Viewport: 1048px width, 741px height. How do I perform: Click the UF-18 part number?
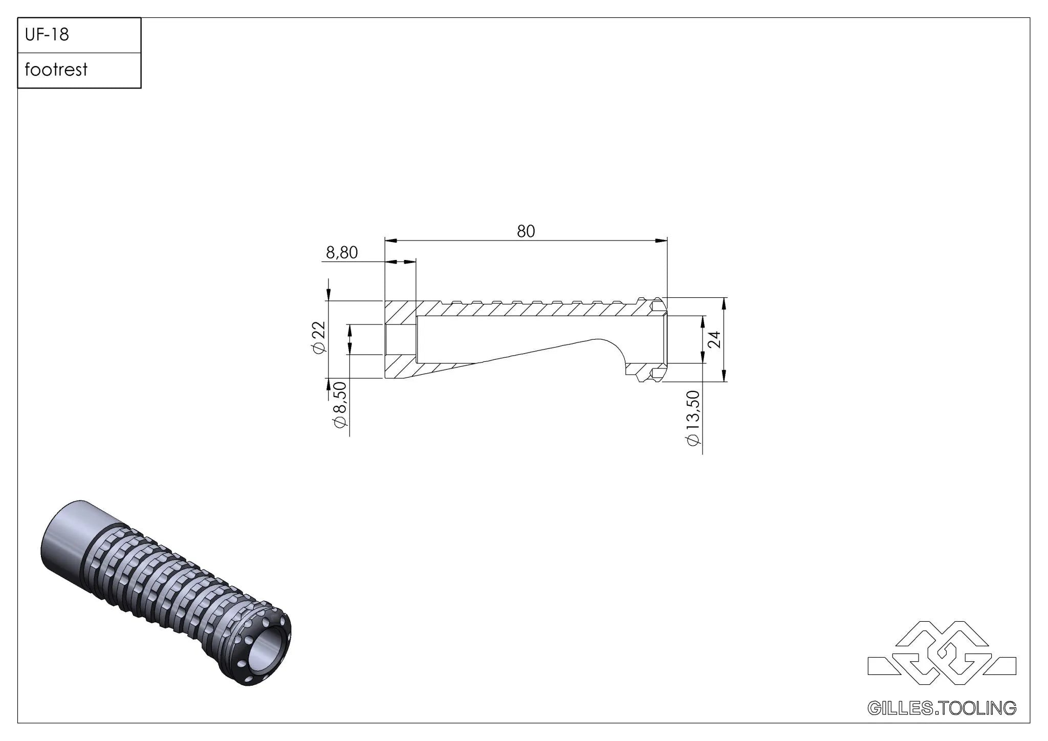tap(47, 35)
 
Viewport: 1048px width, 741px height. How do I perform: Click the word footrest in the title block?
tap(56, 70)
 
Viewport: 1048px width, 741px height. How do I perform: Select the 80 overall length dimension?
tap(526, 231)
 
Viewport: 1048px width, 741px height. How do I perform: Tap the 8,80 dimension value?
tap(342, 252)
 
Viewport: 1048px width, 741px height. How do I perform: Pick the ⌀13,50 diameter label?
tap(693, 417)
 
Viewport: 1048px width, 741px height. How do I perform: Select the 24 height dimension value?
tap(716, 339)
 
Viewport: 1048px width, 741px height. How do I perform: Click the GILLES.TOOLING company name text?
tap(942, 708)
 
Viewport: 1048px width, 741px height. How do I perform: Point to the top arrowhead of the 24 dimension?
tap(724, 303)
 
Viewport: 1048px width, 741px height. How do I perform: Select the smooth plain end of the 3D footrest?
tap(77, 537)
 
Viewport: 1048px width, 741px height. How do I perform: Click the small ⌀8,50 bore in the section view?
tap(401, 339)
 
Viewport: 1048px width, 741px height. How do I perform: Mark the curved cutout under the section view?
tap(612, 353)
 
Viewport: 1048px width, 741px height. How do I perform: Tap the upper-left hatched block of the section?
tap(400, 312)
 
